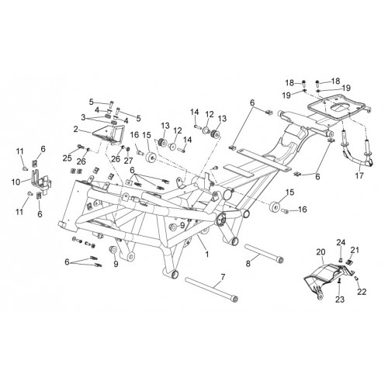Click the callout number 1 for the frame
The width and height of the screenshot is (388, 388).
(206, 254)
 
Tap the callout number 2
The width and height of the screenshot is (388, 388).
(75, 129)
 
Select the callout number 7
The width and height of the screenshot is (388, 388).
(223, 277)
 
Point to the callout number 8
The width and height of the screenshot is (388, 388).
(248, 264)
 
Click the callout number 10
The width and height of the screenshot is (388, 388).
(16, 182)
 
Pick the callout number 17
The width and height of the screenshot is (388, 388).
(359, 175)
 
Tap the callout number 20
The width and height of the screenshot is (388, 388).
(320, 252)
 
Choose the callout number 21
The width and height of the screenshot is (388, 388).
(355, 250)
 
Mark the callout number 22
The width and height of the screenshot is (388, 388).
(362, 292)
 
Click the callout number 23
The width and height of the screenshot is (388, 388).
(340, 300)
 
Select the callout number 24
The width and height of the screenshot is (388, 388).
(341, 242)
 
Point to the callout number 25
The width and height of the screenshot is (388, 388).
(68, 158)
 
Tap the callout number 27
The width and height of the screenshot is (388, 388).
(128, 161)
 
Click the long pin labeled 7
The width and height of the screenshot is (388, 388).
(211, 289)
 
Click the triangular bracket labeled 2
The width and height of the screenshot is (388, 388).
(109, 135)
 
